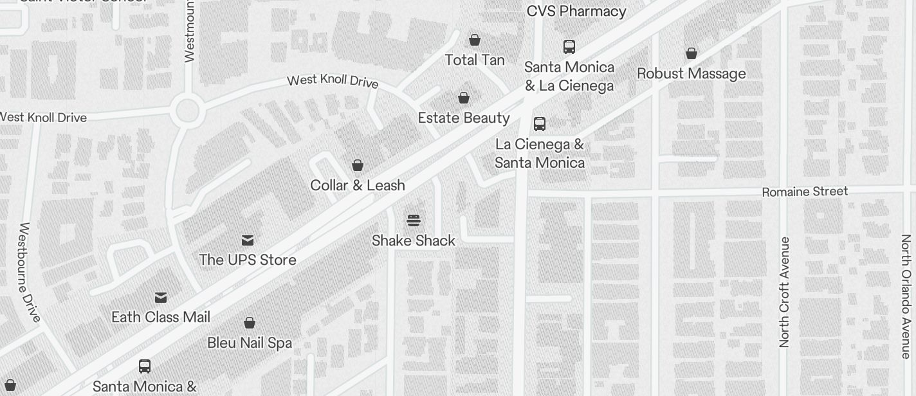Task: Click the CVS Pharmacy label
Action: click(576, 11)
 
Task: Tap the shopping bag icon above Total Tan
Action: click(475, 40)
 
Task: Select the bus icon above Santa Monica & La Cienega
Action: click(569, 47)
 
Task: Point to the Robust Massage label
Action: click(692, 73)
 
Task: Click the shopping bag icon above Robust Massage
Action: click(692, 53)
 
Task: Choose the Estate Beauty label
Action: click(464, 118)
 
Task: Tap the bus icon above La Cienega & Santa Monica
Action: click(540, 124)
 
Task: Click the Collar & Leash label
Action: click(358, 185)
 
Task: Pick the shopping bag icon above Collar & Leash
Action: click(358, 165)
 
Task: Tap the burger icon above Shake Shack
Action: click(414, 221)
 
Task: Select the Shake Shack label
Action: click(414, 240)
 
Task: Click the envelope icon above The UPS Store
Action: click(248, 240)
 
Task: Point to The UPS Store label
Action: click(248, 260)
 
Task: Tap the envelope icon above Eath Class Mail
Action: click(161, 298)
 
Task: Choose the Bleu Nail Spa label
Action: click(250, 343)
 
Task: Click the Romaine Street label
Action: click(805, 192)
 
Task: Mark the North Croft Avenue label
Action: click(784, 292)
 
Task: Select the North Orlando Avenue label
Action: click(906, 296)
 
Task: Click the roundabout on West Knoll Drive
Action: click(187, 111)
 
